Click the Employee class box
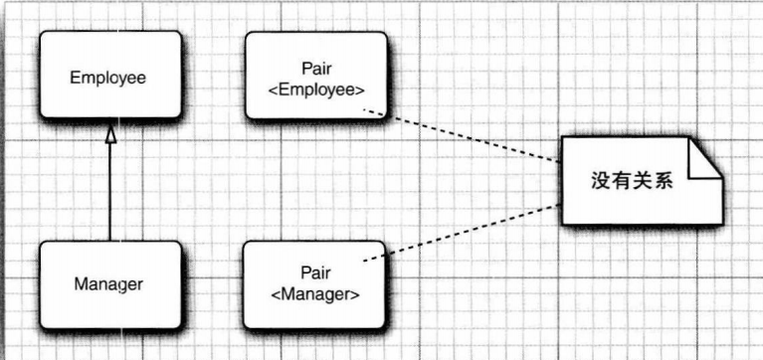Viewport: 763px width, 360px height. (110, 75)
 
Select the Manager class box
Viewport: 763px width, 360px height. (110, 284)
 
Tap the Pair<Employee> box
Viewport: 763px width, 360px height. (316, 76)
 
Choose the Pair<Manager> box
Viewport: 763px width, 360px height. (314, 284)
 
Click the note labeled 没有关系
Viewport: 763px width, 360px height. (642, 181)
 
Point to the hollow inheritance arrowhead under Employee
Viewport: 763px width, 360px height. (111, 135)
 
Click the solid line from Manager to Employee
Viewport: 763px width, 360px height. (110, 192)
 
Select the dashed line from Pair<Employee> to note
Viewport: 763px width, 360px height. (463, 135)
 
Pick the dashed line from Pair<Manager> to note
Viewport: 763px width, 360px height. (463, 233)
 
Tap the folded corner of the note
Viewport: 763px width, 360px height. (703, 158)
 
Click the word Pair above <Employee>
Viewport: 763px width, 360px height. (316, 69)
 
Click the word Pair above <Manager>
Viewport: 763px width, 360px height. (315, 271)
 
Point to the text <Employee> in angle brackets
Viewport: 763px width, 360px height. (316, 90)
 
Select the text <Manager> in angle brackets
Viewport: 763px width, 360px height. (315, 294)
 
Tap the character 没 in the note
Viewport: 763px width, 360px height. (601, 181)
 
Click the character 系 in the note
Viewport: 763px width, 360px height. (664, 181)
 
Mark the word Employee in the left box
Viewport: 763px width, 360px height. (107, 78)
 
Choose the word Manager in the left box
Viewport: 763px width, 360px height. (108, 284)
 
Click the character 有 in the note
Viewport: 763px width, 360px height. (622, 181)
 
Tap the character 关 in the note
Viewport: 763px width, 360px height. (643, 181)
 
